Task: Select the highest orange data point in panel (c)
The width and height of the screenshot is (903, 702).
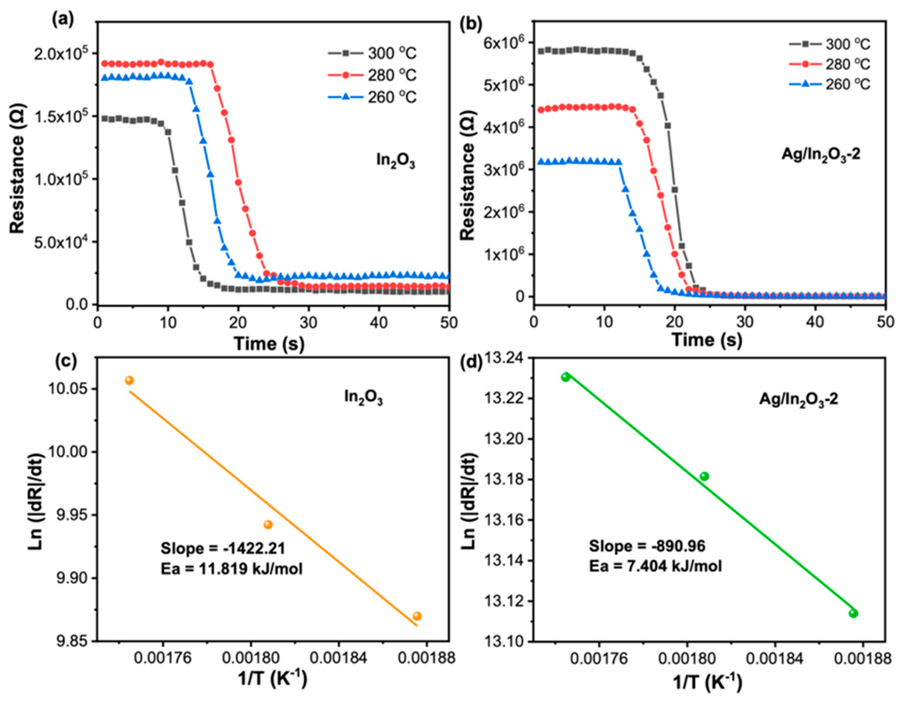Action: pyautogui.click(x=129, y=380)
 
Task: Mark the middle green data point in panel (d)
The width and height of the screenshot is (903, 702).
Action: pyautogui.click(x=704, y=476)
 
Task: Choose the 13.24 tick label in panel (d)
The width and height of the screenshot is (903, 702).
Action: pyautogui.click(x=504, y=358)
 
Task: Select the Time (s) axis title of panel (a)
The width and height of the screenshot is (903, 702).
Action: pyautogui.click(x=269, y=344)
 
